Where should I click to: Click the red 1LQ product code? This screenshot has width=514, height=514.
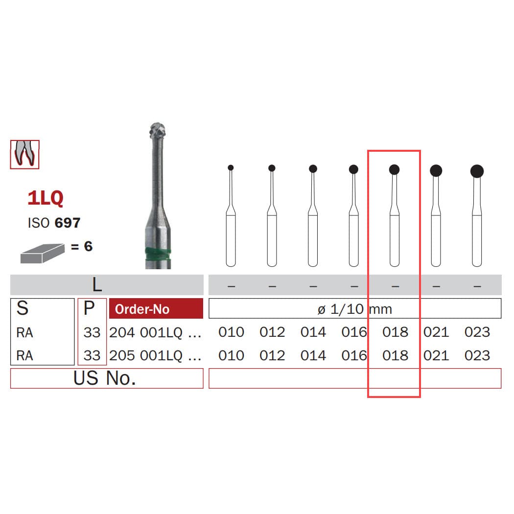tap(46, 198)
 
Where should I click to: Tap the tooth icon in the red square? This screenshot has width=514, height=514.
tap(24, 154)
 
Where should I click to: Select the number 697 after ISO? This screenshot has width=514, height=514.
tap(68, 223)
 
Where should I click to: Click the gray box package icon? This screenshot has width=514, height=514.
tap(42, 253)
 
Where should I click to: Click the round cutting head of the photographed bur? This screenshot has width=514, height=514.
tap(158, 130)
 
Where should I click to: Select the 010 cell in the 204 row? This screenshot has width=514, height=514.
tap(231, 332)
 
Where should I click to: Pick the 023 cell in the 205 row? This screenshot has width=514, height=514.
tap(477, 355)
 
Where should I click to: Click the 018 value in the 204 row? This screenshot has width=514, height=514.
tap(395, 332)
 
